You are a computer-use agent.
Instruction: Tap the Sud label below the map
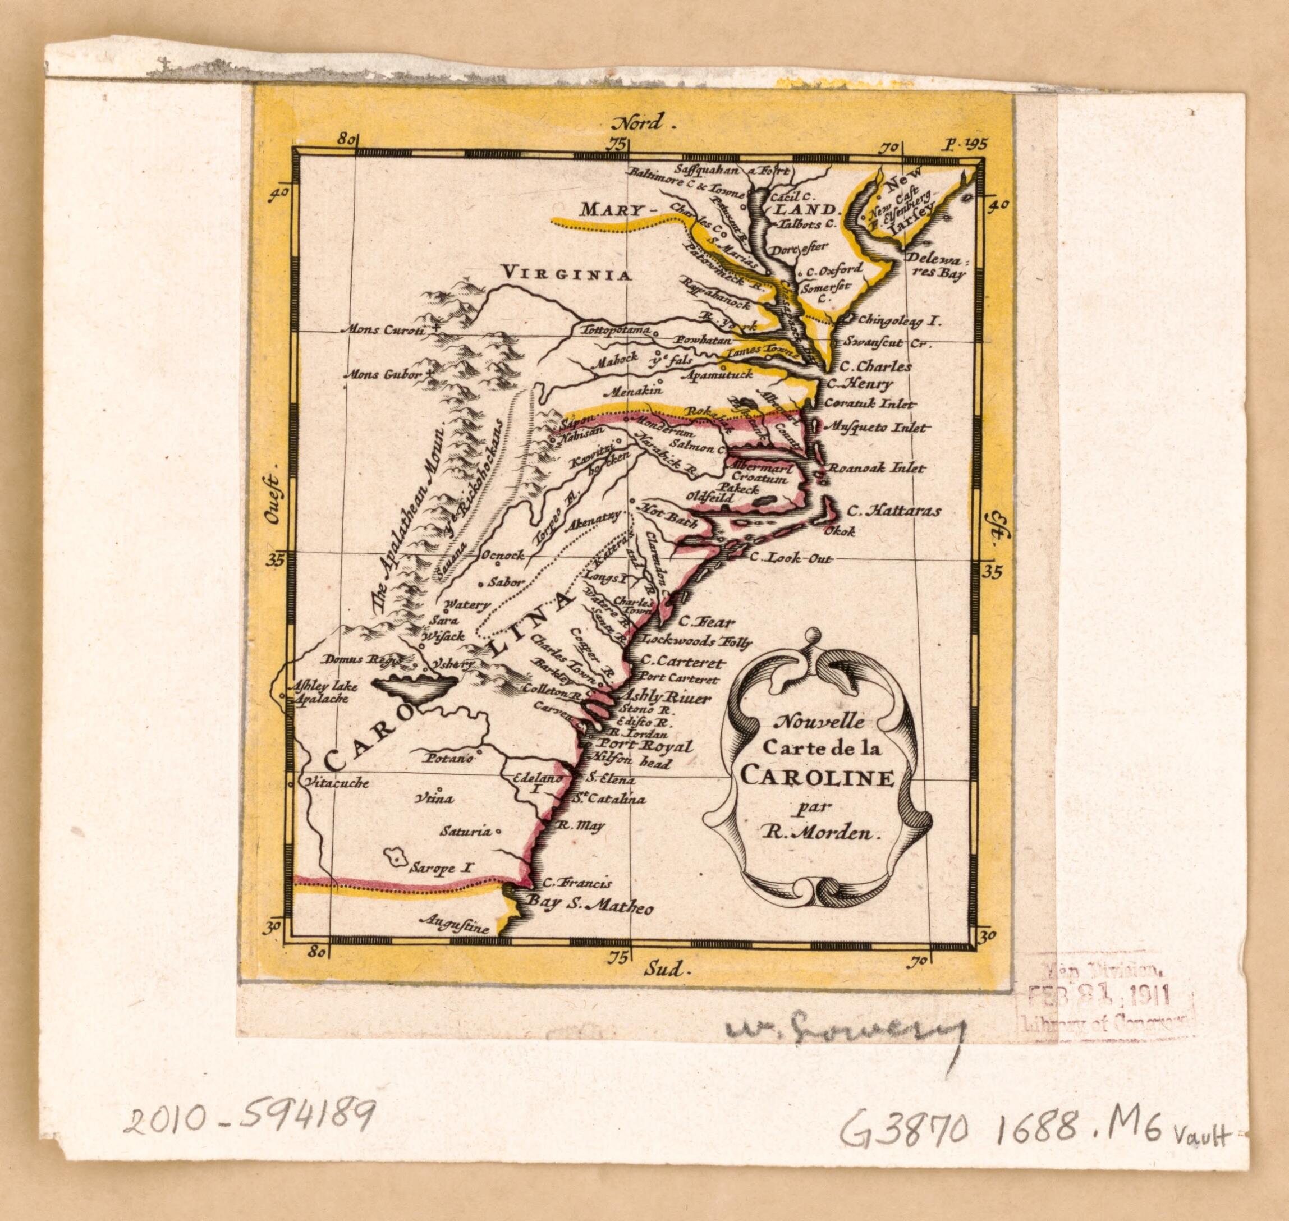(667, 989)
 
